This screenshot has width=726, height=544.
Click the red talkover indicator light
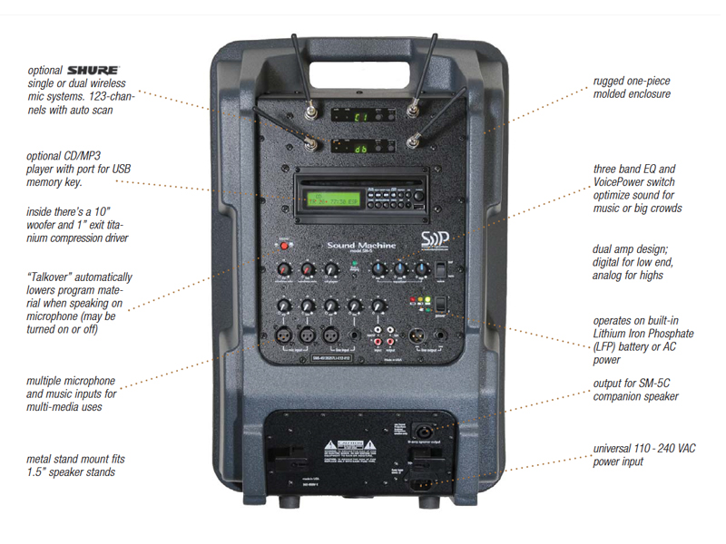(282, 245)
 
